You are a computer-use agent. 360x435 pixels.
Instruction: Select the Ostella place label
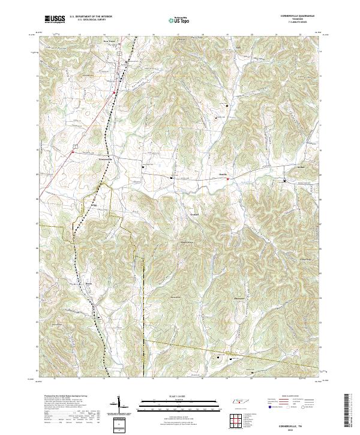pos(223,174)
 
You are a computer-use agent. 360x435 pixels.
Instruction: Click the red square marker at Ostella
pos(228,178)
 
